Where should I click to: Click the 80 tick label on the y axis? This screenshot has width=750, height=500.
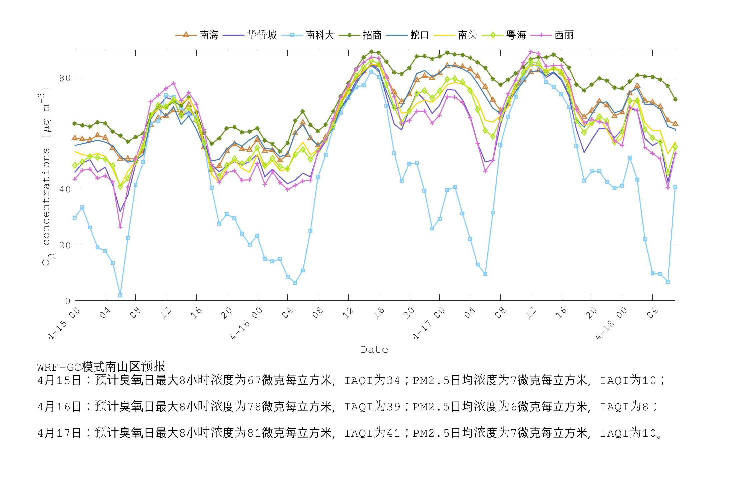tap(65, 78)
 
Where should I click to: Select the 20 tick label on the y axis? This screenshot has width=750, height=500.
tap(65, 245)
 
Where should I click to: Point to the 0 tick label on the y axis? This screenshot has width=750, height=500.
tap(68, 301)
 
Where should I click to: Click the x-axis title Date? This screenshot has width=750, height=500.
tap(375, 350)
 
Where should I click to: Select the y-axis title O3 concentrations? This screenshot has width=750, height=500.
tap(47, 177)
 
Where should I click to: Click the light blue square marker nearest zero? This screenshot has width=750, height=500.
tap(120, 295)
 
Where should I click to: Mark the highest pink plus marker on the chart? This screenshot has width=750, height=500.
tap(531, 52)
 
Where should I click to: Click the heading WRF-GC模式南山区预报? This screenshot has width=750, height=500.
tap(101, 367)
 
